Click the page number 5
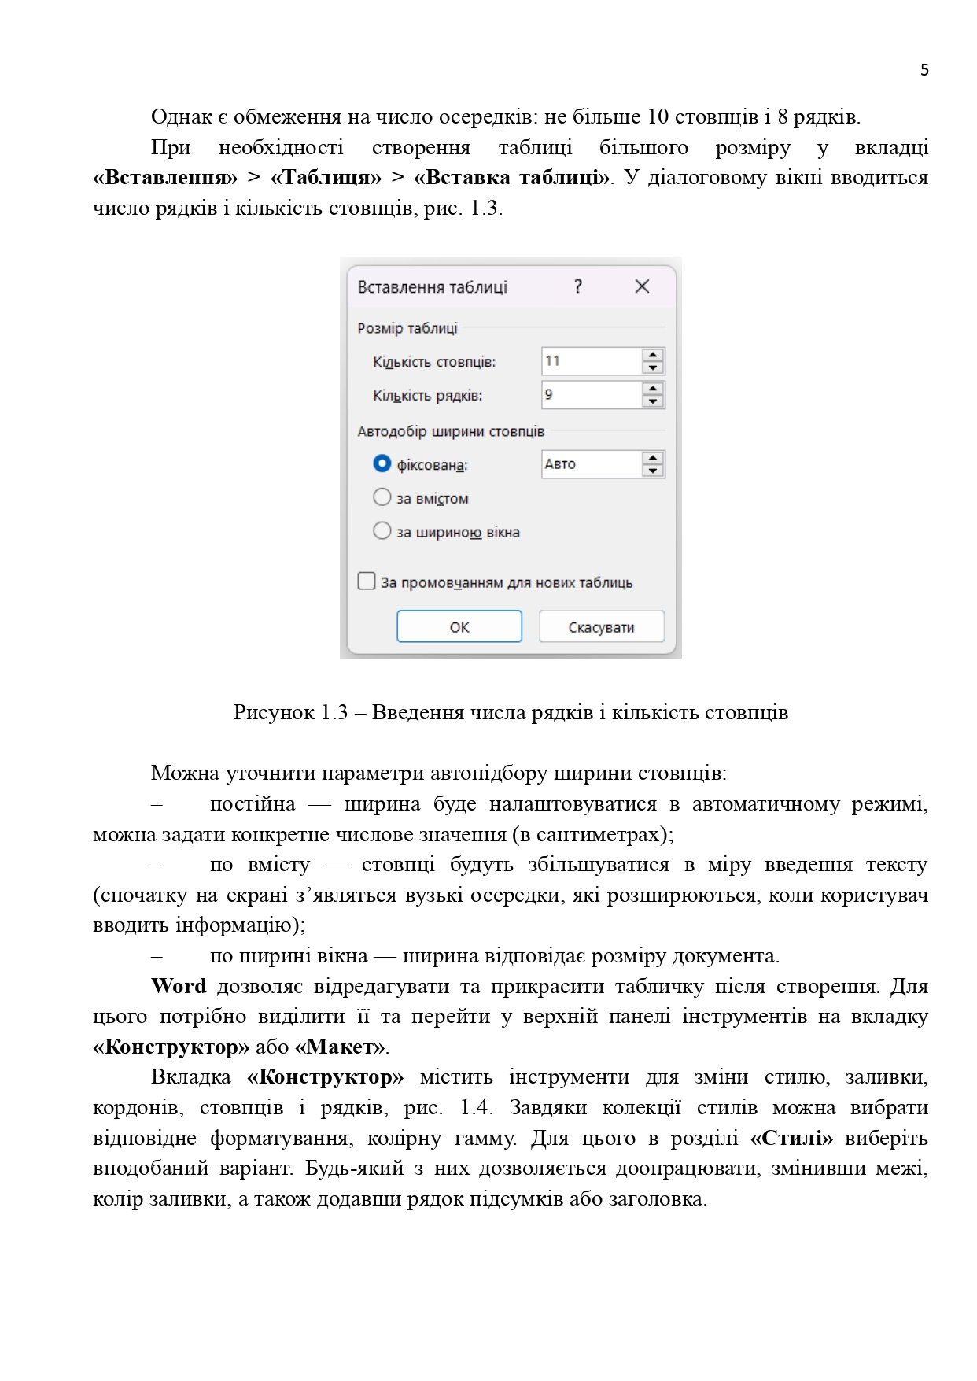coord(924,70)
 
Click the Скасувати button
coord(601,627)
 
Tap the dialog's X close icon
coord(642,286)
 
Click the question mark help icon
coord(578,286)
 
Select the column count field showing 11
coord(591,361)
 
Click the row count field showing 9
coord(591,395)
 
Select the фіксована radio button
coord(382,464)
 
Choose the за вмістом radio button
coord(382,497)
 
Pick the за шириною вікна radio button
coord(382,531)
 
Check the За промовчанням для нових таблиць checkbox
coord(367,582)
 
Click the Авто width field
coord(591,464)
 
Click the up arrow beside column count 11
coord(653,355)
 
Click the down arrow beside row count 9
coord(653,401)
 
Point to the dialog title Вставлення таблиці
coord(432,287)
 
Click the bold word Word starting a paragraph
coord(179,986)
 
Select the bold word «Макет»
coord(341,1047)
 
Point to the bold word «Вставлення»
coord(165,178)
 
